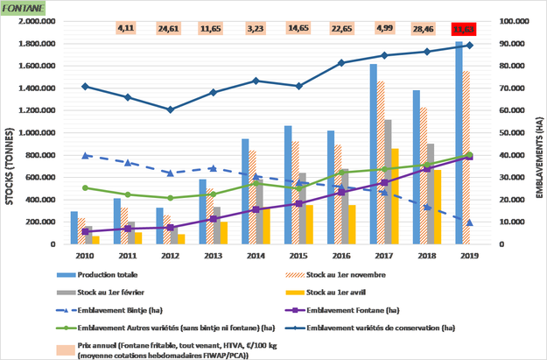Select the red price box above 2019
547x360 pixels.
click(469, 29)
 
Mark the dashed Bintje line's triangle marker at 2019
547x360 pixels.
click(469, 222)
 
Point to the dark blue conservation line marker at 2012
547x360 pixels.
click(170, 109)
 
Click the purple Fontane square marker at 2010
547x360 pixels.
click(84, 231)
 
